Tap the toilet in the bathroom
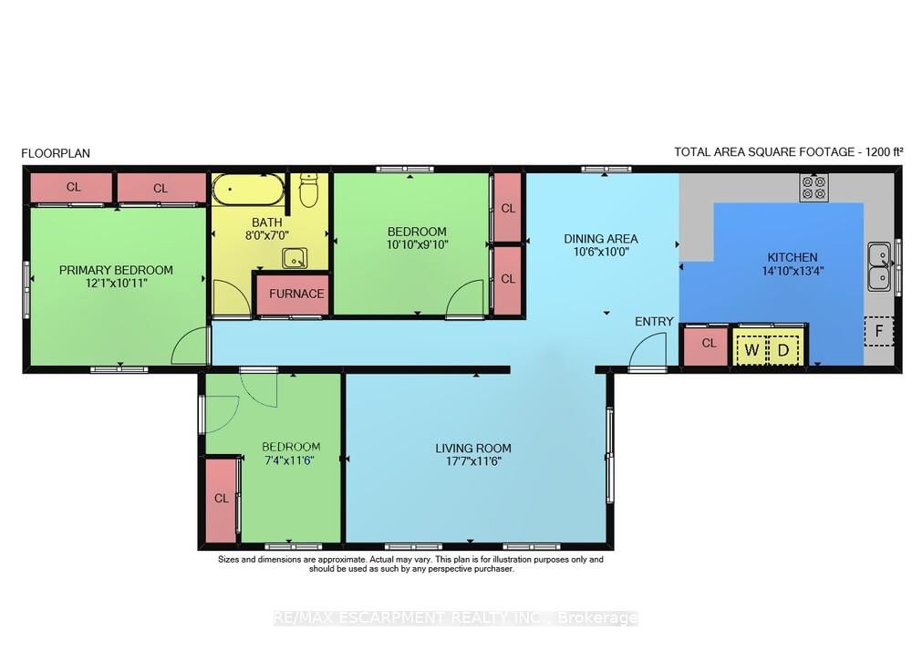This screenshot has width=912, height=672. (x=308, y=191)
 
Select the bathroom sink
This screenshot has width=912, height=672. (x=295, y=258)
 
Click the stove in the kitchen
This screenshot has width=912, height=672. (x=813, y=188)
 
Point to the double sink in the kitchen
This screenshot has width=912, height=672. (x=879, y=264)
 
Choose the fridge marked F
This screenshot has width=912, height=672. (x=878, y=332)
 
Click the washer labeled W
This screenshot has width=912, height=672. (x=751, y=349)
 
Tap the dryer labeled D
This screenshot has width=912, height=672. (x=782, y=349)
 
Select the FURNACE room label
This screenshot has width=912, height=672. (x=295, y=294)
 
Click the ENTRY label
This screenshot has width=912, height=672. (x=654, y=321)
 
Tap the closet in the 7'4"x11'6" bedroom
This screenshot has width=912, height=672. (x=222, y=499)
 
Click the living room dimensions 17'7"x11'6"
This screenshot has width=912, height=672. (x=473, y=461)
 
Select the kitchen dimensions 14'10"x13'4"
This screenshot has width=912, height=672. (x=792, y=271)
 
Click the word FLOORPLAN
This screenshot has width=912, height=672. (x=56, y=153)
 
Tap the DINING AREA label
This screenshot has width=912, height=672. (x=600, y=239)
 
